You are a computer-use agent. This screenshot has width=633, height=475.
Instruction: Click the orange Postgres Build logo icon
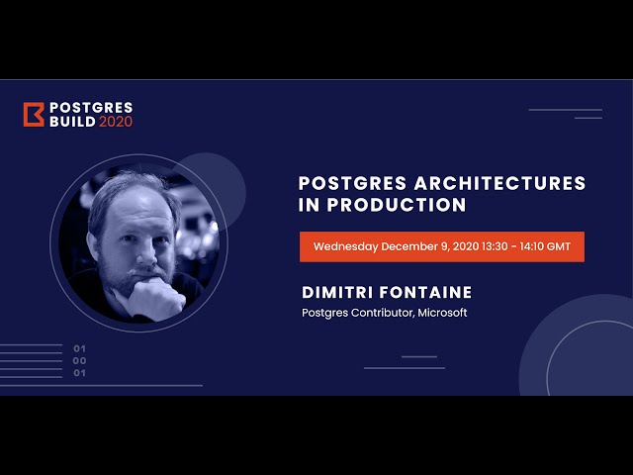click(x=33, y=114)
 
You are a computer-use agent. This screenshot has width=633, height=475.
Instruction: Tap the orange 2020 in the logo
click(x=115, y=121)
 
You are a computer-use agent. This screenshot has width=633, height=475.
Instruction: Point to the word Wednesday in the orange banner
click(x=346, y=246)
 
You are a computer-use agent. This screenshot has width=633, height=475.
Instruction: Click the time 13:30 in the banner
click(x=495, y=246)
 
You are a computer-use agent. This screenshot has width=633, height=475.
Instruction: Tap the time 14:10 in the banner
click(x=534, y=246)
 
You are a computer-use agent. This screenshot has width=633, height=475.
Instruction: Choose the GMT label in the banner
click(x=567, y=246)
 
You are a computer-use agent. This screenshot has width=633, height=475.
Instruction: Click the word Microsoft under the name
click(x=441, y=313)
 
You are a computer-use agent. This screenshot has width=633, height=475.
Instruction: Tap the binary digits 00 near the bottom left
click(x=80, y=360)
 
